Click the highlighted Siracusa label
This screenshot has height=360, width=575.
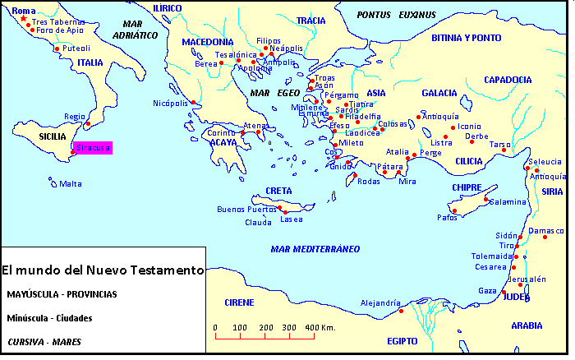point(92,149)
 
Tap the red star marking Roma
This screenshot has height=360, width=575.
point(23,19)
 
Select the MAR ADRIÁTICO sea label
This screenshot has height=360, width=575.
point(134,30)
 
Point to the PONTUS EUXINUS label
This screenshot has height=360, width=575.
point(396,15)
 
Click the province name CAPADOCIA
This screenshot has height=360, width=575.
point(508,80)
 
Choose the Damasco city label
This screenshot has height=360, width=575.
point(547,231)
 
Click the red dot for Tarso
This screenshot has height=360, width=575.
point(504,150)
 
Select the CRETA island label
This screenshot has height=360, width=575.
point(278,191)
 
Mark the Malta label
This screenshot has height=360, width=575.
point(71,184)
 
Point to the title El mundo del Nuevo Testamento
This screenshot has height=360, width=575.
point(102,270)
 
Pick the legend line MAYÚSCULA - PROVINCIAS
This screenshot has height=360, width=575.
point(61,293)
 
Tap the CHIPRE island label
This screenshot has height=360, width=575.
point(467,187)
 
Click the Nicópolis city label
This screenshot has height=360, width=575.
point(171,104)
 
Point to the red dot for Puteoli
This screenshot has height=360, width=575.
point(57,48)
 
